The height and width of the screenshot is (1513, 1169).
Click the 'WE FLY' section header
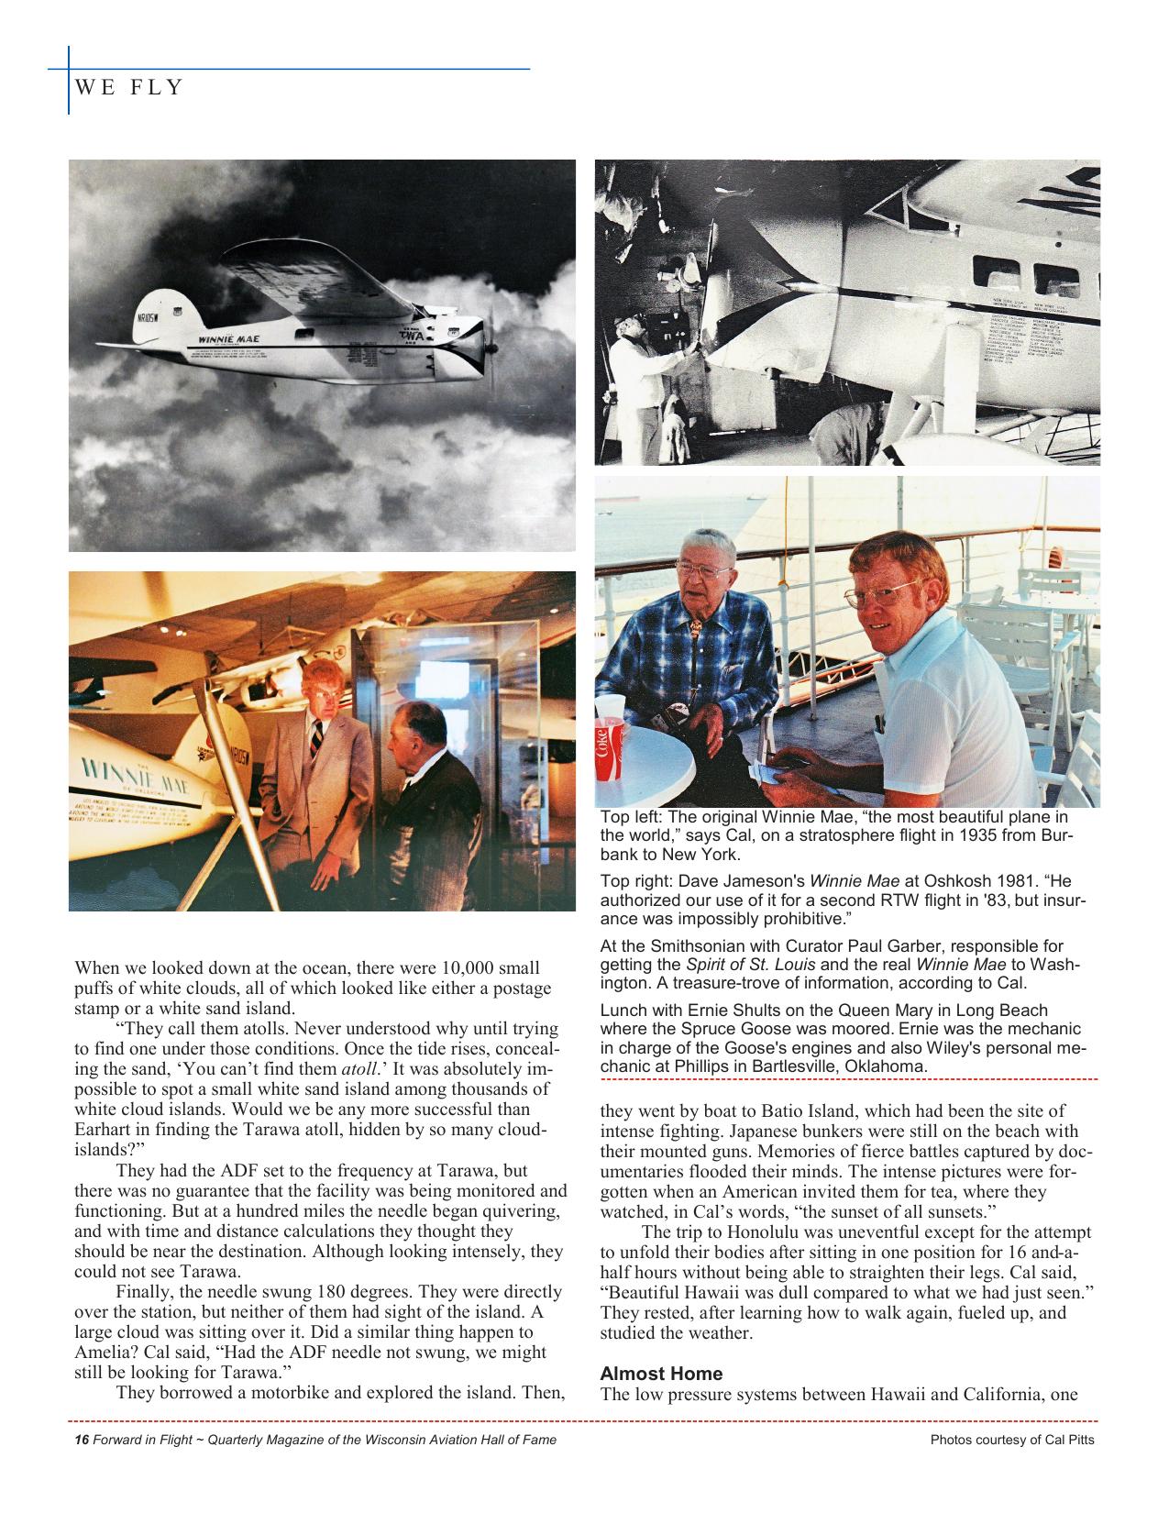pyautogui.click(x=129, y=88)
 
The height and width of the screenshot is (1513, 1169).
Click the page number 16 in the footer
pyautogui.click(x=81, y=1440)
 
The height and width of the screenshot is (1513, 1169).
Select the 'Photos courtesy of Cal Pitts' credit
pyautogui.click(x=1012, y=1440)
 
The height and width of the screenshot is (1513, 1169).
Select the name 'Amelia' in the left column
pyautogui.click(x=100, y=1352)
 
